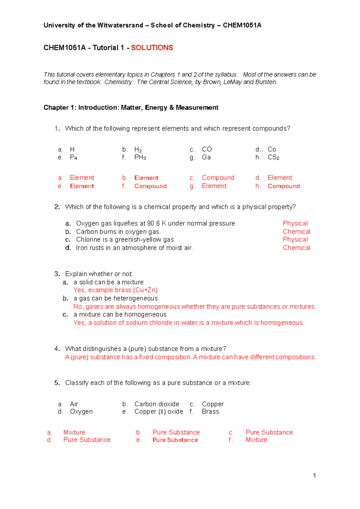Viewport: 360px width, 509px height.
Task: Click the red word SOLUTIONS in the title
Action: [152, 48]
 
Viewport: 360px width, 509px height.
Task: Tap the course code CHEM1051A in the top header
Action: [242, 25]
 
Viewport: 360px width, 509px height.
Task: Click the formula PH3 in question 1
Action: [140, 157]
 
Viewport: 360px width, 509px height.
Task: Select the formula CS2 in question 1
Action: [273, 157]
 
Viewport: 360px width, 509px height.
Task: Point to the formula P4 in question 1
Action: [73, 157]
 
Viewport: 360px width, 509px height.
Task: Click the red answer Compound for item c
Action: [218, 178]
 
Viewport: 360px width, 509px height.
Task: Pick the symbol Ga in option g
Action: [206, 157]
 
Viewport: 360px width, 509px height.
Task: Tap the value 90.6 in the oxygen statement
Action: [154, 223]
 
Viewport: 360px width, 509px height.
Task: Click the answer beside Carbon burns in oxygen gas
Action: [296, 232]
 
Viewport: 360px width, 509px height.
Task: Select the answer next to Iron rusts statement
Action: [296, 248]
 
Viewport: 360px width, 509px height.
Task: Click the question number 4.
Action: [57, 349]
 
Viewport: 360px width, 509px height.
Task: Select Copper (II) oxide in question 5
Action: [159, 411]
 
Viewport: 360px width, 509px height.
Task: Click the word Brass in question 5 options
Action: [210, 411]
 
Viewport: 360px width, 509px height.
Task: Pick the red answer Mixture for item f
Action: [256, 440]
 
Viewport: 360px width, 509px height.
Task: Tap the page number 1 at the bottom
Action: [314, 475]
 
